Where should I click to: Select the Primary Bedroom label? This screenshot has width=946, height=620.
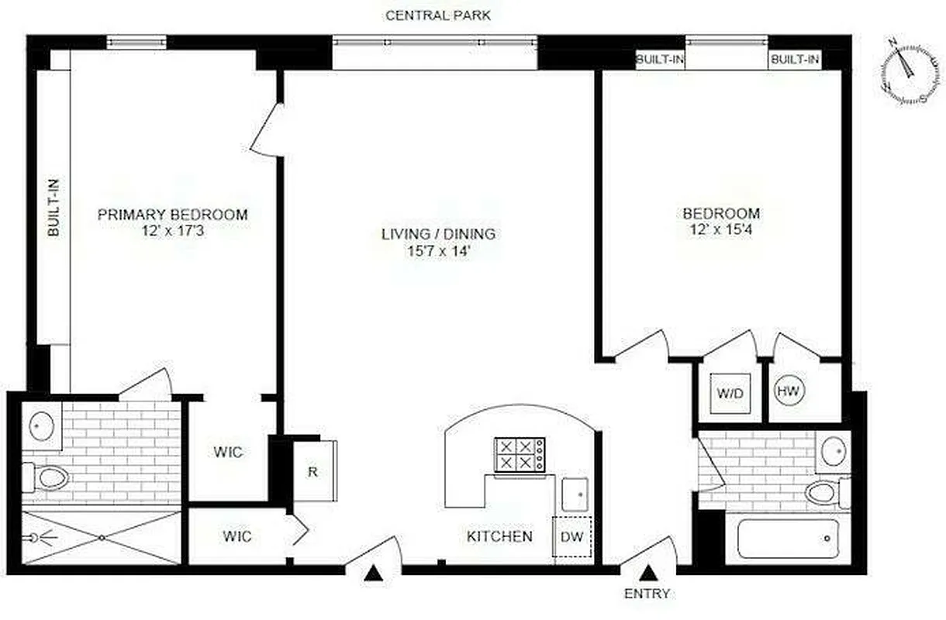(x=172, y=215)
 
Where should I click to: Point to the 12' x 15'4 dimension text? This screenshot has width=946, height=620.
(x=721, y=230)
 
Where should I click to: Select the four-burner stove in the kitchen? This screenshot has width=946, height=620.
(x=520, y=454)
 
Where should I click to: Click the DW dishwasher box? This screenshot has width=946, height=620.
(x=571, y=536)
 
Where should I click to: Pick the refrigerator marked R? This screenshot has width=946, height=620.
(x=313, y=470)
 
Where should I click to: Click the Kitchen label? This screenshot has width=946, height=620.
(x=499, y=536)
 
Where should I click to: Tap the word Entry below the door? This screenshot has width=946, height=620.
(x=647, y=594)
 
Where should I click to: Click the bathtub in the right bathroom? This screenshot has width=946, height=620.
(x=787, y=538)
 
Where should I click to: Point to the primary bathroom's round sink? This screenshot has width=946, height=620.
(x=41, y=425)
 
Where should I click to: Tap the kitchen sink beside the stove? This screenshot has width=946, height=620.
(x=575, y=494)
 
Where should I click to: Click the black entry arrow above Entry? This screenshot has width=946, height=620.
(x=648, y=573)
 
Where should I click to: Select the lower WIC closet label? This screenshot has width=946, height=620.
(x=236, y=536)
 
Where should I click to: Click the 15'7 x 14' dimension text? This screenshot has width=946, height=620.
(x=438, y=252)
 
